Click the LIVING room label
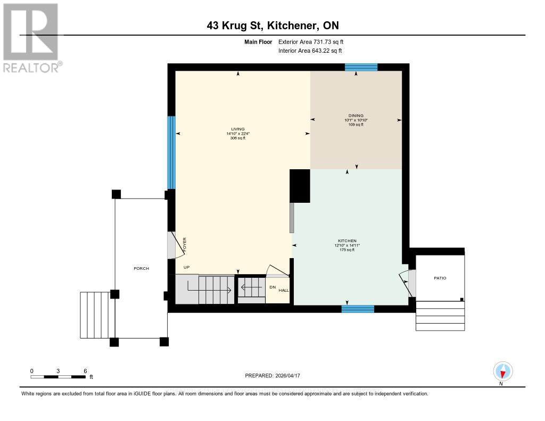click(238, 129)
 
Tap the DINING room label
click(356, 115)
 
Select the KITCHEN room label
click(346, 241)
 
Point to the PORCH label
click(141, 268)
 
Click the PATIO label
click(440, 278)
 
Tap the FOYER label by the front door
click(185, 245)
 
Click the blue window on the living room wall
click(171, 152)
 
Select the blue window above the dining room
click(361, 67)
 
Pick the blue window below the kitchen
click(357, 309)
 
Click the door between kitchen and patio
click(408, 283)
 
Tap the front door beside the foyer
click(171, 245)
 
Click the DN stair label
click(272, 287)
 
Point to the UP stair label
click(186, 267)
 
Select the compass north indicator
click(502, 372)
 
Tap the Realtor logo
click(31, 38)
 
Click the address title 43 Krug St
click(272, 26)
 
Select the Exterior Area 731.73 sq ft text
click(315, 42)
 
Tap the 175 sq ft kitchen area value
click(346, 250)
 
